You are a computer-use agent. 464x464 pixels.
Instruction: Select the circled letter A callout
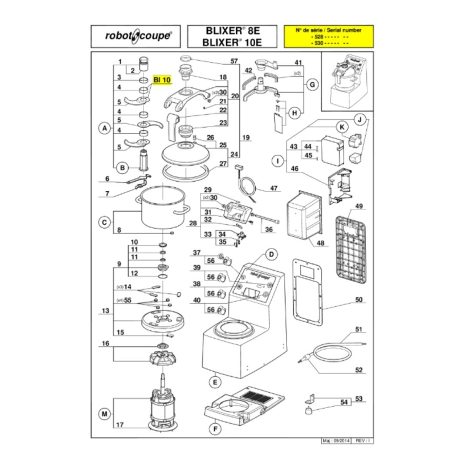[x=103, y=129]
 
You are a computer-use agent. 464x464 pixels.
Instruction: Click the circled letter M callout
[x=103, y=413]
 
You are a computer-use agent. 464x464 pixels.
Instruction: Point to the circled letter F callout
[x=214, y=428]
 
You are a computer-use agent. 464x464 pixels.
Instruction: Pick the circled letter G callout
[x=312, y=85]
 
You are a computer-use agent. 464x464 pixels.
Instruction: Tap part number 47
[x=273, y=189]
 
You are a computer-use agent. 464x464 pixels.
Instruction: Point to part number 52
[x=358, y=370]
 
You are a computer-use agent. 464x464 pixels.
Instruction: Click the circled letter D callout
[x=271, y=254]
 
